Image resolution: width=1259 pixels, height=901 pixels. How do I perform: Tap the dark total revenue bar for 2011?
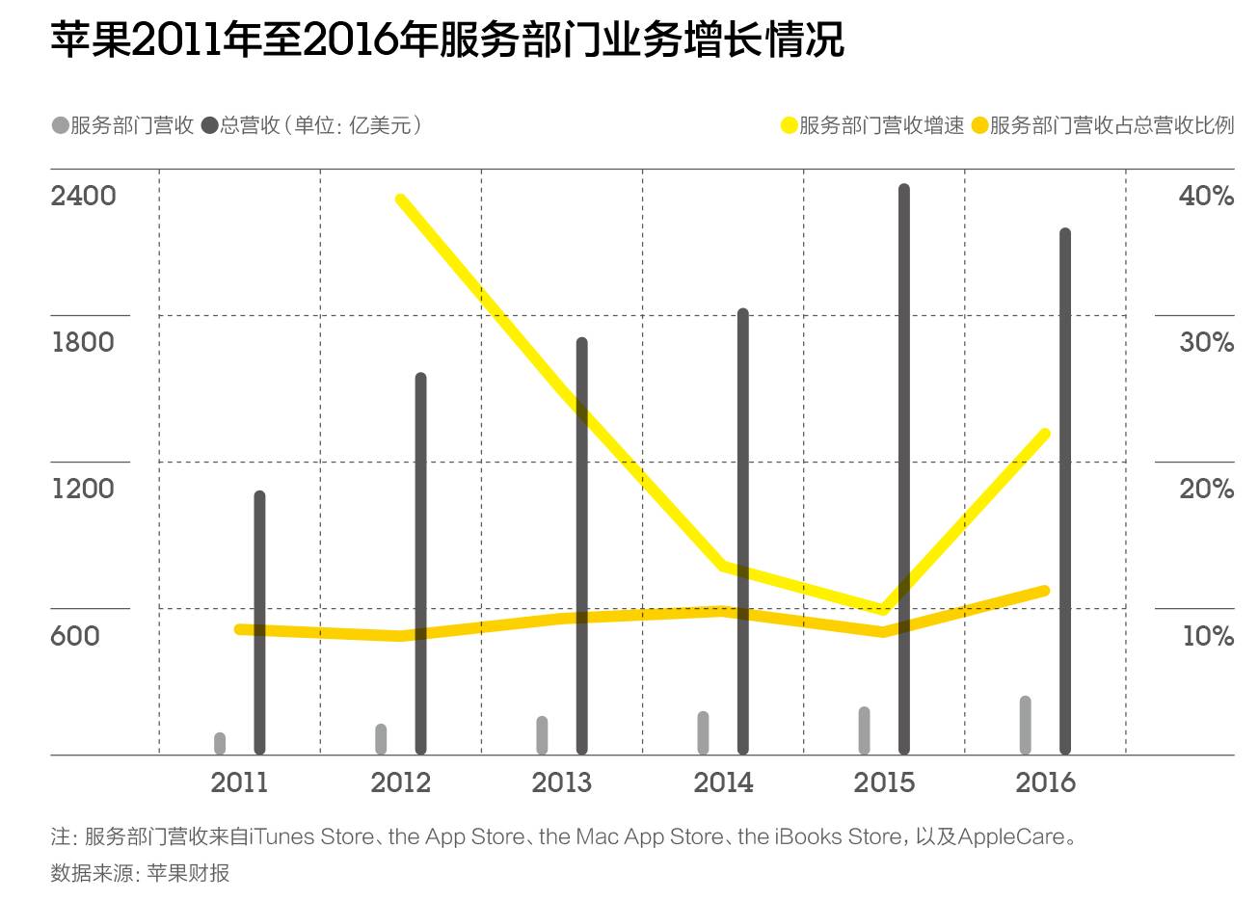point(259,623)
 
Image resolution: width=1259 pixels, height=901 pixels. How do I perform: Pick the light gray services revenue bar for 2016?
point(1025,725)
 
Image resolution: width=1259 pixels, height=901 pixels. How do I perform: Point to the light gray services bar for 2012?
point(381,739)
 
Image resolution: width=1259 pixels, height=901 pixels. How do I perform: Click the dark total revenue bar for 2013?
point(581,545)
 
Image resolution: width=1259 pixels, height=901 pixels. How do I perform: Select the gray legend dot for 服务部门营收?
point(60,125)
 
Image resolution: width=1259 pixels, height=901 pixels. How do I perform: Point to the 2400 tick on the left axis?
point(83,196)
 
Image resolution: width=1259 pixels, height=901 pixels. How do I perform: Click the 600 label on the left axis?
point(75,636)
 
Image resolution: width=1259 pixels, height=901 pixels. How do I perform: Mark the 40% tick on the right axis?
point(1206,196)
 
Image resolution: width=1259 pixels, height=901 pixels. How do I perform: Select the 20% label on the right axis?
point(1206,489)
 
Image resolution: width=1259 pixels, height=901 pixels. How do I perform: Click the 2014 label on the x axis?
point(723,782)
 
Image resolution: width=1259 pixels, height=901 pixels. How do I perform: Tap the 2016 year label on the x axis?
point(1045,782)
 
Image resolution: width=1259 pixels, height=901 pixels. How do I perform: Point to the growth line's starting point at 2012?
point(401,200)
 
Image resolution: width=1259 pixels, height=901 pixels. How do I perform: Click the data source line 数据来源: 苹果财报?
point(141,873)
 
